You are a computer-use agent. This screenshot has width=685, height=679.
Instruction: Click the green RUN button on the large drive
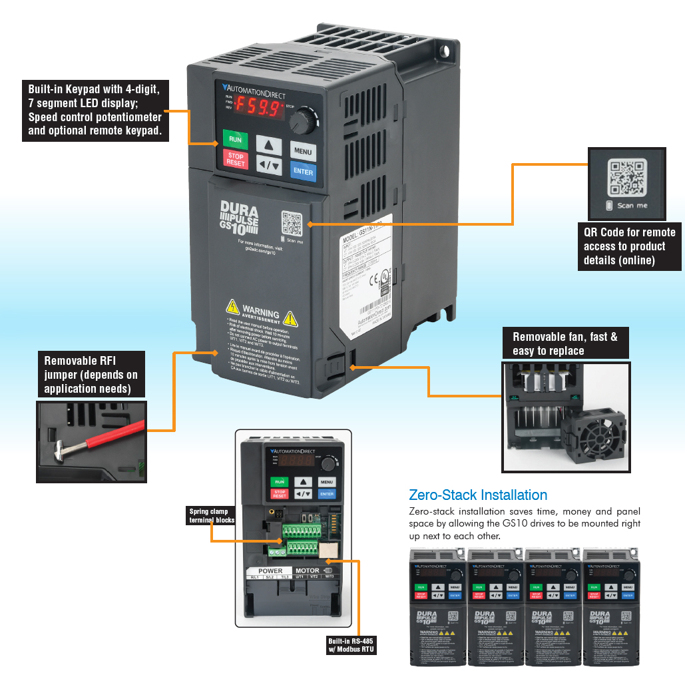pyautogui.click(x=235, y=140)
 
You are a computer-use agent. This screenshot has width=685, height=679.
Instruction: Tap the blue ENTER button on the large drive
pyautogui.click(x=303, y=172)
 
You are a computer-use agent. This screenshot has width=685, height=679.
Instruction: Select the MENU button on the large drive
pyautogui.click(x=303, y=151)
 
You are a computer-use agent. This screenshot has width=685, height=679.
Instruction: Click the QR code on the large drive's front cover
pyautogui.click(x=292, y=224)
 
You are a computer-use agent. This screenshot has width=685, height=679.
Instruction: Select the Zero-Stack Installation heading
pyautogui.click(x=478, y=495)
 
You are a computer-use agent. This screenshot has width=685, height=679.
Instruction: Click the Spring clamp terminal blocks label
pyautogui.click(x=212, y=516)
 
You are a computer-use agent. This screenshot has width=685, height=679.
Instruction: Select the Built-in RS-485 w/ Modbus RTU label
pyautogui.click(x=351, y=646)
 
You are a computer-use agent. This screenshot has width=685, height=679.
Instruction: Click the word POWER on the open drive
pyautogui.click(x=270, y=570)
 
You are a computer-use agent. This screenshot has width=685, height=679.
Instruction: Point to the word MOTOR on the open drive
pyautogui.click(x=307, y=570)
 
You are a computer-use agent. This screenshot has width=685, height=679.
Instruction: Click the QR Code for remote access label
pyautogui.click(x=629, y=246)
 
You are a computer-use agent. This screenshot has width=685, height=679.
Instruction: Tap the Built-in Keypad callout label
pyautogui.click(x=94, y=110)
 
